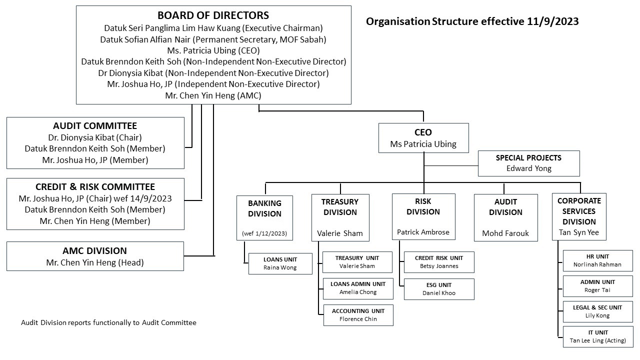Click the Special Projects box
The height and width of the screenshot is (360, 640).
(528, 163)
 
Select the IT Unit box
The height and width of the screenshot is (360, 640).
(597, 336)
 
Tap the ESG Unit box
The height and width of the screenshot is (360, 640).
(439, 289)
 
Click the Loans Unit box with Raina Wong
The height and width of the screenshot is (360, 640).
(280, 263)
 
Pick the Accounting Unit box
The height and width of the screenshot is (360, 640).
(358, 315)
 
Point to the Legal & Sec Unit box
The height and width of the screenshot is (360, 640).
(597, 311)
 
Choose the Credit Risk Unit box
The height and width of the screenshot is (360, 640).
(439, 262)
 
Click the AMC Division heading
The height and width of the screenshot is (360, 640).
(94, 250)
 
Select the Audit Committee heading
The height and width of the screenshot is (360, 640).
(94, 125)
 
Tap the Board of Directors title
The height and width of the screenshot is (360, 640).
(213, 15)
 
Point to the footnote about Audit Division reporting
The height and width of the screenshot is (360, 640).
(108, 322)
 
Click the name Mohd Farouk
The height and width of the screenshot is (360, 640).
(505, 233)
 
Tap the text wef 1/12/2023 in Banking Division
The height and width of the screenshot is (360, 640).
(264, 233)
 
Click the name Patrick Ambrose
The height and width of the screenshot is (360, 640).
(423, 232)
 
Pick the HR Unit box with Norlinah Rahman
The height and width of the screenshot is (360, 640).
(597, 260)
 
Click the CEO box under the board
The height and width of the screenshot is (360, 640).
(423, 138)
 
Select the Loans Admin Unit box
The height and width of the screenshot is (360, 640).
(358, 288)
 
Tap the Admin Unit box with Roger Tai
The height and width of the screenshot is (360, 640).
(597, 286)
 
